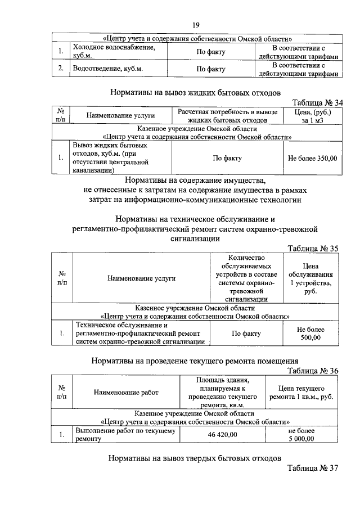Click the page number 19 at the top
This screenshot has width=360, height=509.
pyautogui.click(x=196, y=25)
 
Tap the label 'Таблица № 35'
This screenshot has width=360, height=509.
pyautogui.click(x=312, y=248)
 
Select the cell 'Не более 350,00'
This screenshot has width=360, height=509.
pyautogui.click(x=312, y=158)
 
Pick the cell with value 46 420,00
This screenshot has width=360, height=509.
pyautogui.click(x=219, y=435)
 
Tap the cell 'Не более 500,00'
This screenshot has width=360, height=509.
pyautogui.click(x=310, y=333)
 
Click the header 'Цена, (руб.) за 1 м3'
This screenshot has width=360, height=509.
pyautogui.click(x=312, y=116)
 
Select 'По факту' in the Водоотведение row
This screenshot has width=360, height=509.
pyautogui.click(x=210, y=69)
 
